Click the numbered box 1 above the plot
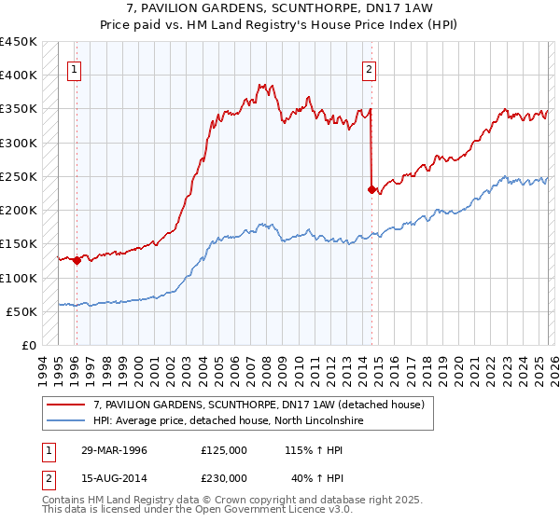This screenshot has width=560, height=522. tap(74, 68)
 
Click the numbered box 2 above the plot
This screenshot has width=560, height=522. tap(370, 68)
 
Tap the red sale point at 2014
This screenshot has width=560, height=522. tap(372, 189)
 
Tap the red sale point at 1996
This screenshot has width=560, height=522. tap(77, 261)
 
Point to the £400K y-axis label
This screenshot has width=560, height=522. tap(19, 76)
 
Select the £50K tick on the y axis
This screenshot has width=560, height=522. tap(22, 312)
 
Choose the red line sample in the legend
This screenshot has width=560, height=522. tap(65, 405)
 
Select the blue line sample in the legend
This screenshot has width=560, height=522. tap(65, 421)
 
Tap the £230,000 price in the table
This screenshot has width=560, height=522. tap(223, 478)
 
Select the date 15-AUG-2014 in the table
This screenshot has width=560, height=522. tap(113, 478)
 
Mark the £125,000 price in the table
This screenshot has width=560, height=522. tap(223, 450)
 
